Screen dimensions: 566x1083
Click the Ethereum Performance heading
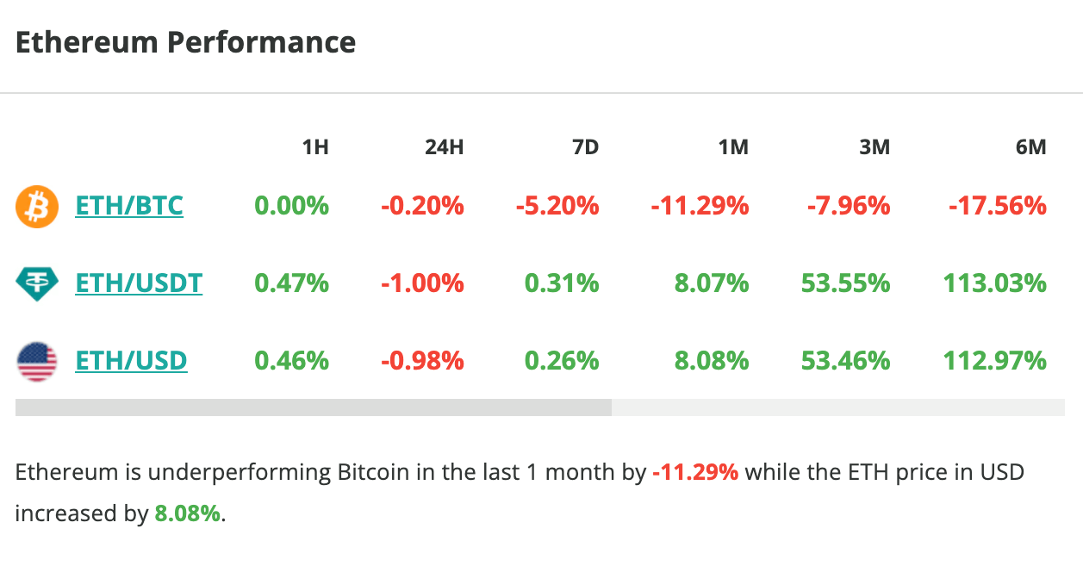pyautogui.click(x=185, y=42)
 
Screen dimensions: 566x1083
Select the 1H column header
pyautogui.click(x=315, y=147)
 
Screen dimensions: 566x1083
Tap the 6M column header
pyautogui.click(x=1030, y=147)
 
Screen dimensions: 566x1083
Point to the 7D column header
pyautogui.click(x=585, y=147)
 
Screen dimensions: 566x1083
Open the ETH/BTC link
pyautogui.click(x=129, y=206)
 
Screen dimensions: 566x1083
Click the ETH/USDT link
pyautogui.click(x=139, y=283)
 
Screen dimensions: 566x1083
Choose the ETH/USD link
pyautogui.click(x=131, y=359)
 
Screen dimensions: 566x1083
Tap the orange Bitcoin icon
pyautogui.click(x=37, y=207)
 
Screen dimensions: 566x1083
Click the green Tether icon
pyautogui.click(x=37, y=283)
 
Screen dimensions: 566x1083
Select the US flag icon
pyautogui.click(x=37, y=360)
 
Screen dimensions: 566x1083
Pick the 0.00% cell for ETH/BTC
pyautogui.click(x=291, y=206)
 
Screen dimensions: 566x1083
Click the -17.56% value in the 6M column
pyautogui.click(x=998, y=206)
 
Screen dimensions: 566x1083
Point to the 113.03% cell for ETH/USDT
pyautogui.click(x=995, y=283)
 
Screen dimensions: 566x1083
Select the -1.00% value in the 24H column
pyautogui.click(x=422, y=283)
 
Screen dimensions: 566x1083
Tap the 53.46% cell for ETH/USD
pyautogui.click(x=845, y=359)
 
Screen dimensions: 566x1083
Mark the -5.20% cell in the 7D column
pyautogui.click(x=557, y=206)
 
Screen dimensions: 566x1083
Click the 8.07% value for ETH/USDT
pyautogui.click(x=712, y=283)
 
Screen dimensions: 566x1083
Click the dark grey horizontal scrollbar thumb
pyautogui.click(x=314, y=407)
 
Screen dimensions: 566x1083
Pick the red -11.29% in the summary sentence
pyautogui.click(x=695, y=472)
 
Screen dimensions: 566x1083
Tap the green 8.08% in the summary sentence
pyautogui.click(x=188, y=514)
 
